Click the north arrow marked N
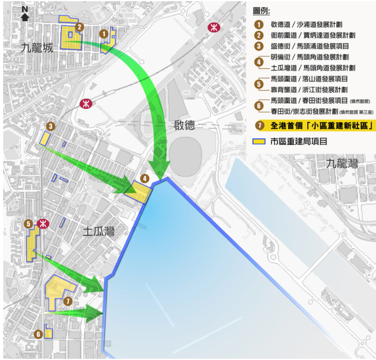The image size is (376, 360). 25,14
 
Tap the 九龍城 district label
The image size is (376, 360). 37,49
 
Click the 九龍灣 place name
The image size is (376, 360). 342,163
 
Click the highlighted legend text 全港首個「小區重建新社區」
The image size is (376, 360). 321,126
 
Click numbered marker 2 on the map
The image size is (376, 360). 80,27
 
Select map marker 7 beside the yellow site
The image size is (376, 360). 68,301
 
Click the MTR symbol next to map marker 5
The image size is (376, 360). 42,224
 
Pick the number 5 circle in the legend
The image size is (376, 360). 259,84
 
